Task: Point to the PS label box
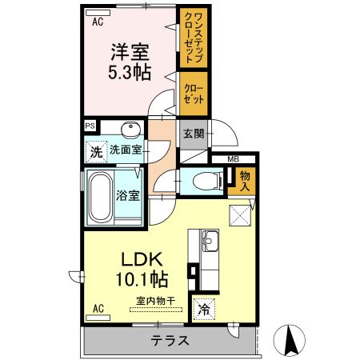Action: (x=90, y=126)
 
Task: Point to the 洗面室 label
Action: (x=126, y=150)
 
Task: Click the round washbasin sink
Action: (x=130, y=130)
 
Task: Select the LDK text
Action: (x=143, y=261)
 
